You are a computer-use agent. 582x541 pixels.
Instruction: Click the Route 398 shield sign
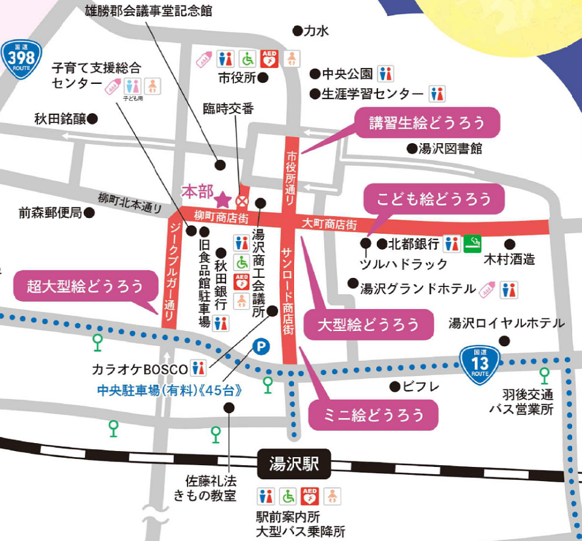point(21,59)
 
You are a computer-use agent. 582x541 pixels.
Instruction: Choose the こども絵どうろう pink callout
point(434,198)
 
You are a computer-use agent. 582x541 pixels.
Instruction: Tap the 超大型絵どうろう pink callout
point(85,286)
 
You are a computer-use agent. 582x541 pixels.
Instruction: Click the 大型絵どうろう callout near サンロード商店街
point(368,324)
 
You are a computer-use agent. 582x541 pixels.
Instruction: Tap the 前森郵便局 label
point(50,213)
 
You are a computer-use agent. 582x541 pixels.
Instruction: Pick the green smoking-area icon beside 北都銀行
point(472,244)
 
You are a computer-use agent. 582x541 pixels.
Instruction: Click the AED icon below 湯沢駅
point(310,495)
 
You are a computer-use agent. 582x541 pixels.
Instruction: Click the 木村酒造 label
point(509,259)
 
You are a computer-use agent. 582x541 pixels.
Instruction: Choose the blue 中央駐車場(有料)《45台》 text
point(165,390)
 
